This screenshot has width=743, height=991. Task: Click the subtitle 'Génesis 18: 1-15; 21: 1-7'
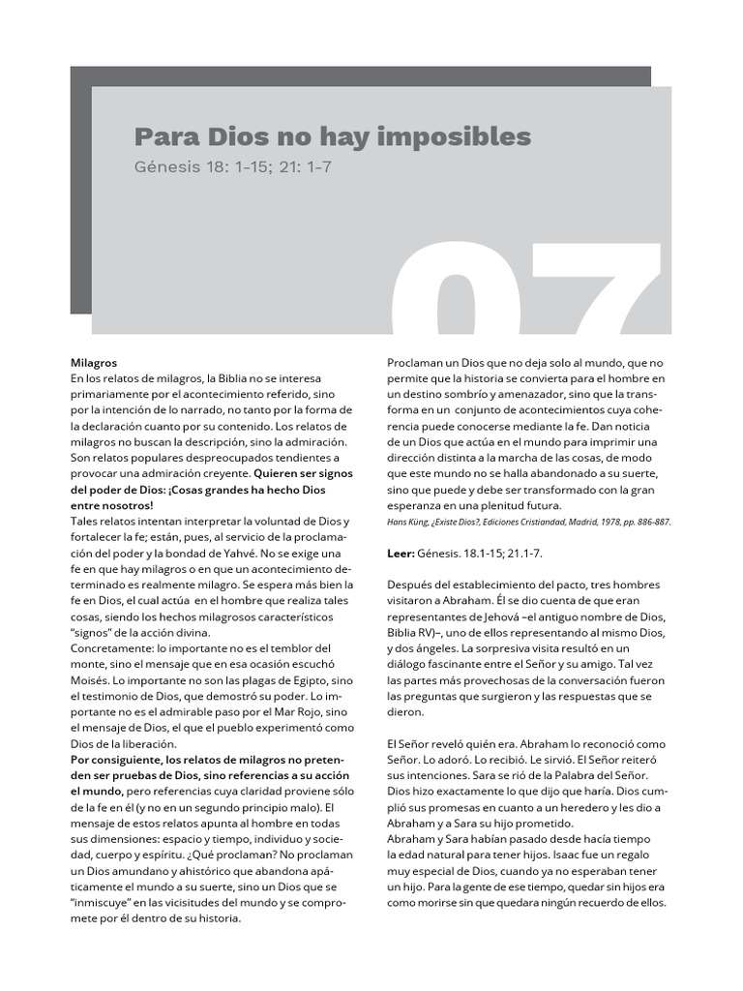[232, 166]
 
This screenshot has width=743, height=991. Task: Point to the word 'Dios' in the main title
[224, 135]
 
